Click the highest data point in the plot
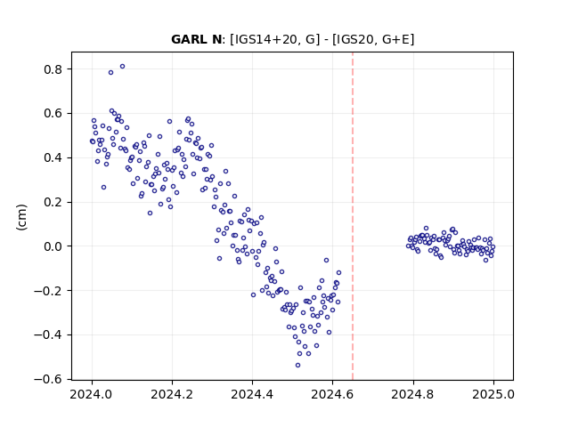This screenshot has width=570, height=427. point(123,67)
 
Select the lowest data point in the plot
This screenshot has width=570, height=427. point(297,366)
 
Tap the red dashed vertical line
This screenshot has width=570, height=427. point(353,216)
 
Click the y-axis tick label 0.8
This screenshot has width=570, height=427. point(53,69)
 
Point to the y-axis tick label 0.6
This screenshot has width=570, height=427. point(53,113)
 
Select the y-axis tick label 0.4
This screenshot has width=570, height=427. point(53,157)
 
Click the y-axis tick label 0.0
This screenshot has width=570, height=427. point(53,246)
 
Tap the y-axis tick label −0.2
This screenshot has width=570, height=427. point(48,291)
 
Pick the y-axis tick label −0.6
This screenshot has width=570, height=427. point(48,379)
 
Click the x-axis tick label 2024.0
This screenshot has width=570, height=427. point(92,394)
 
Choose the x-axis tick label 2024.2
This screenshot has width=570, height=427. point(172,394)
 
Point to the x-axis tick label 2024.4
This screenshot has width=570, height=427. point(252,394)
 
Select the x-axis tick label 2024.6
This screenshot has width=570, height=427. point(332,394)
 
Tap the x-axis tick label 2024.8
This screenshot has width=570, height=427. point(412,394)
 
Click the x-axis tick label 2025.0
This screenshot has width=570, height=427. point(493,394)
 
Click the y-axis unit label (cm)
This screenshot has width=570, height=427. point(21,217)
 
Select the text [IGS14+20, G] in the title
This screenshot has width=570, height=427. point(275,39)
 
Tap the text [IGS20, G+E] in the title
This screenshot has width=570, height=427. point(373,39)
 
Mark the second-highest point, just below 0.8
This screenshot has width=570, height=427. point(110,73)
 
